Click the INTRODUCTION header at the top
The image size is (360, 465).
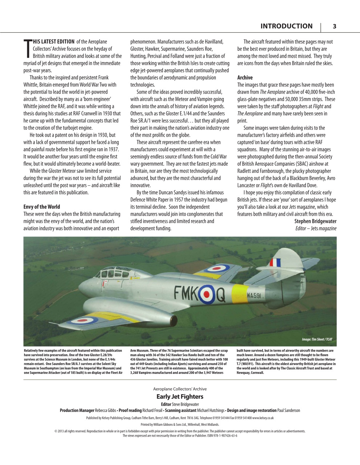(286, 26)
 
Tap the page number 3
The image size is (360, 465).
(335, 26)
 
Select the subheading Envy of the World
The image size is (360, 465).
(42, 207)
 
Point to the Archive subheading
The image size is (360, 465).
(245, 77)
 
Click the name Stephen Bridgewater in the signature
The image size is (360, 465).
(315, 221)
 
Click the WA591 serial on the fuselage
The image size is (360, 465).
(254, 296)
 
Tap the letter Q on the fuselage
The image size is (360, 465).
(221, 295)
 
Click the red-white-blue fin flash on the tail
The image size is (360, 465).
(275, 262)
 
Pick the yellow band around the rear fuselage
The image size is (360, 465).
(239, 294)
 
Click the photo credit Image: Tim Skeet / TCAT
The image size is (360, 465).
(317, 339)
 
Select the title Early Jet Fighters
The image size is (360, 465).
(180, 397)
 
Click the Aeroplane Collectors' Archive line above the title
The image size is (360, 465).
(180, 389)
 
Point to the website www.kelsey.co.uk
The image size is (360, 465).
(263, 418)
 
